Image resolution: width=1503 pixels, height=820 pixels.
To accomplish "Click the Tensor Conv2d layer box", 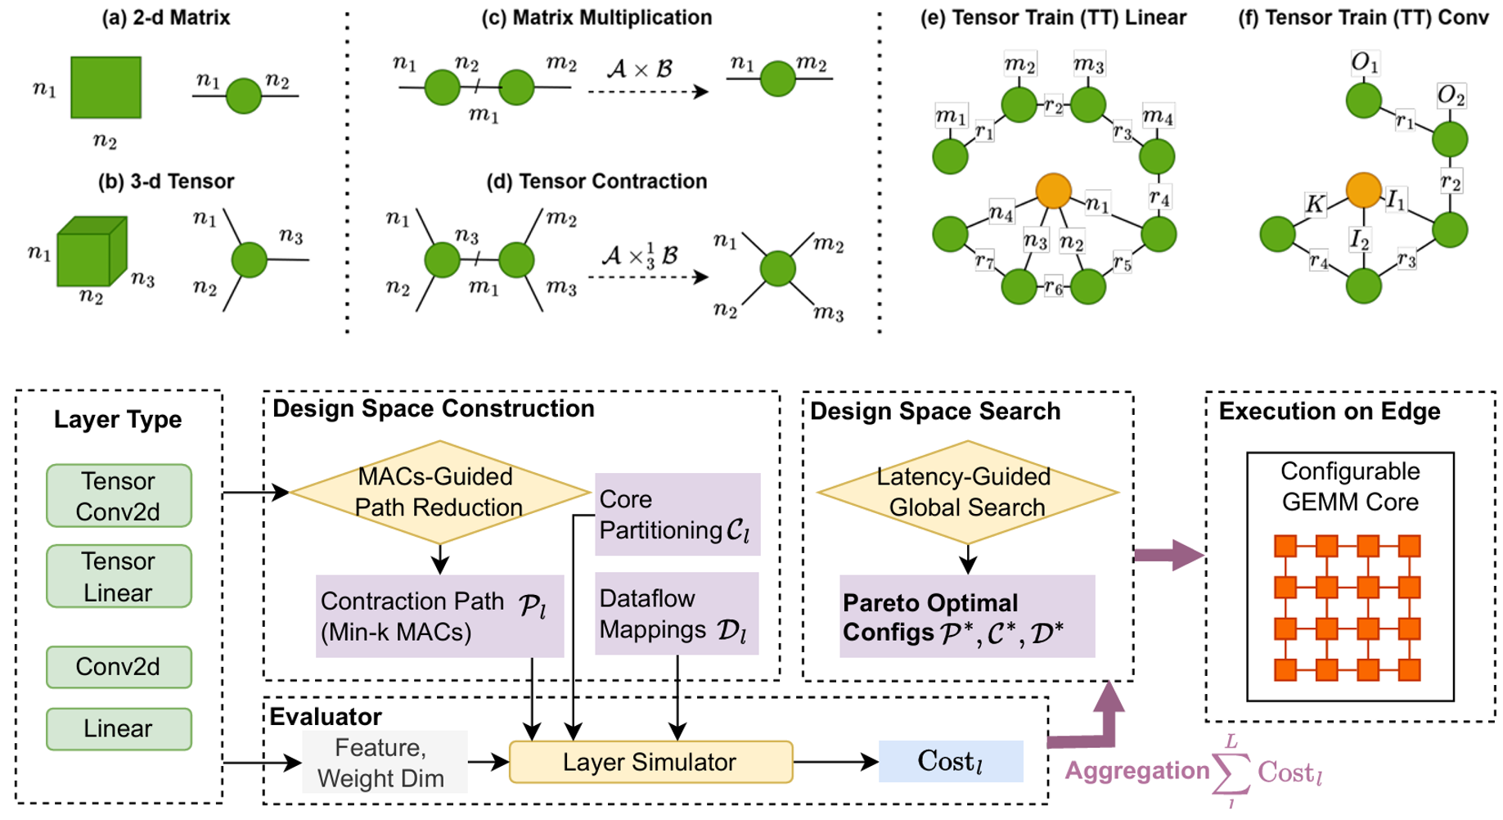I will click(119, 496).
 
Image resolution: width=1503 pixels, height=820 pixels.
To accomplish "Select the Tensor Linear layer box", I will click(119, 576).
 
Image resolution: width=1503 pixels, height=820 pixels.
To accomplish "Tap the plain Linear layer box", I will click(119, 728).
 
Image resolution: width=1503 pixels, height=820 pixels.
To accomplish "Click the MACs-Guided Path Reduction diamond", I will click(439, 492).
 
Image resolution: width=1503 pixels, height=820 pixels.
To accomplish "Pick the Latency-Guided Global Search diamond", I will click(967, 492).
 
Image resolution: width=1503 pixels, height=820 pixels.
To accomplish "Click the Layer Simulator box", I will click(650, 762).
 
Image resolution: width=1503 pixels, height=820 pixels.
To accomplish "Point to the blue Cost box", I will click(951, 761).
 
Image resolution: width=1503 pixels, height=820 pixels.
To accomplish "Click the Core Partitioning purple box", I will click(677, 515).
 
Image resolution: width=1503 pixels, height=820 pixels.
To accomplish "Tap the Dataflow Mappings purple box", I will click(676, 614).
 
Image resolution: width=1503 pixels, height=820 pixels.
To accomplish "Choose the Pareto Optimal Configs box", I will click(966, 616).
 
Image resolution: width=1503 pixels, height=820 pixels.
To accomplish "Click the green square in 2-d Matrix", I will click(106, 88).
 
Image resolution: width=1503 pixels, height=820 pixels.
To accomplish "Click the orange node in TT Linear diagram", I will click(1053, 190).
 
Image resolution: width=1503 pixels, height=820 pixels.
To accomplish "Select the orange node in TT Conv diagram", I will click(1363, 190).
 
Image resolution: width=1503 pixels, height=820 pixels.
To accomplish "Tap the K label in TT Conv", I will click(1314, 204).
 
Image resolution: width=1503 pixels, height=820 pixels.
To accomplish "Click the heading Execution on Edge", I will click(1329, 411).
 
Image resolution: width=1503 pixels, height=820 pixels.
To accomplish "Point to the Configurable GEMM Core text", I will click(1350, 486).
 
